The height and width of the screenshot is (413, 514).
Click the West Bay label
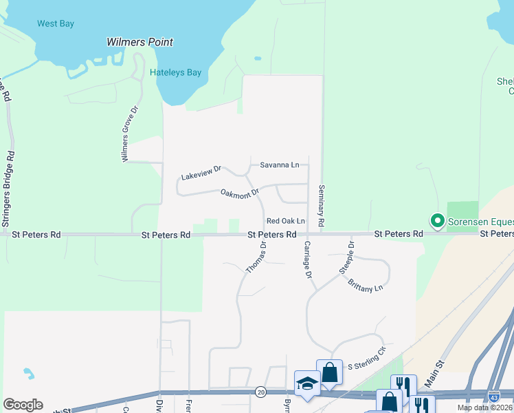click(56, 23)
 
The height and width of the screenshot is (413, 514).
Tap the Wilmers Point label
click(139, 42)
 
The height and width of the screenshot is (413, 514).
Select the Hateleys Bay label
click(175, 72)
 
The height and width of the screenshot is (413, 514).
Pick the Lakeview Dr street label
click(201, 173)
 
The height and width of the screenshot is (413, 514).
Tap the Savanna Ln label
click(280, 165)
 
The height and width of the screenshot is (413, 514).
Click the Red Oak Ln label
click(285, 221)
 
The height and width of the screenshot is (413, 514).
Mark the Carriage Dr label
click(308, 260)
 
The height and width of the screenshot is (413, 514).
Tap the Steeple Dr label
click(346, 258)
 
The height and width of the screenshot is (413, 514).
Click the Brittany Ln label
click(365, 286)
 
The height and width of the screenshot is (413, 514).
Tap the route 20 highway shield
click(260, 392)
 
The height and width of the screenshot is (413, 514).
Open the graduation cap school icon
click(307, 383)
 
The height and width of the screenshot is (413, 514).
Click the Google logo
click(23, 405)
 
